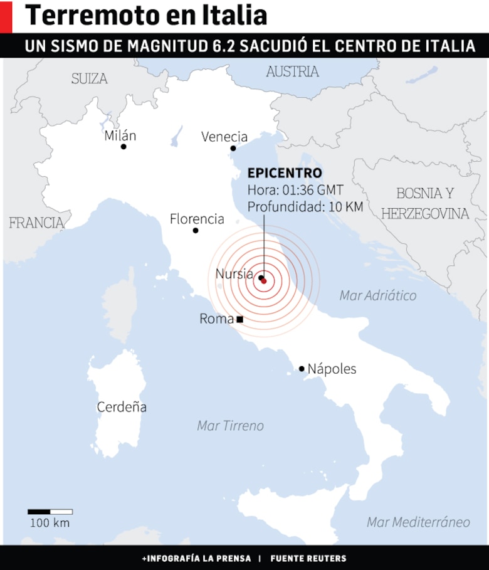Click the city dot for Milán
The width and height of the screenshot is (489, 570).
[x=124, y=147]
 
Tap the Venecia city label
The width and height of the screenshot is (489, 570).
[x=224, y=137]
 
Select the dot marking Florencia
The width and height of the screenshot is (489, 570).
[x=196, y=231]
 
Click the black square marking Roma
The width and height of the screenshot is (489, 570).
[x=239, y=319]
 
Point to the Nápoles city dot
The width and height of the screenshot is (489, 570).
[x=302, y=369]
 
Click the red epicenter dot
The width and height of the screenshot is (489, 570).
[x=264, y=281]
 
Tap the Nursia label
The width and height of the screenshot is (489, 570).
[x=234, y=273]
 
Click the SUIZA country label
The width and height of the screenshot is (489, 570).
[x=89, y=78]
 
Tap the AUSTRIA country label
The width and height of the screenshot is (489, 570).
[x=292, y=71]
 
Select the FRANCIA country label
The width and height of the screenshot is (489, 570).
[x=36, y=223]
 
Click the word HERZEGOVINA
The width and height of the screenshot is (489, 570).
[x=425, y=214]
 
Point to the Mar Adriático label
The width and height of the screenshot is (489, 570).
[x=378, y=295]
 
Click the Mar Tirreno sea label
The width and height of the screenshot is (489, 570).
[x=230, y=426]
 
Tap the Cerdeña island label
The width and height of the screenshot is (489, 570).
[x=122, y=407]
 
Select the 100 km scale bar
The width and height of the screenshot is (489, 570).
[x=50, y=512]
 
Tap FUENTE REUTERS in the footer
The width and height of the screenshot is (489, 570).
[x=308, y=558]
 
